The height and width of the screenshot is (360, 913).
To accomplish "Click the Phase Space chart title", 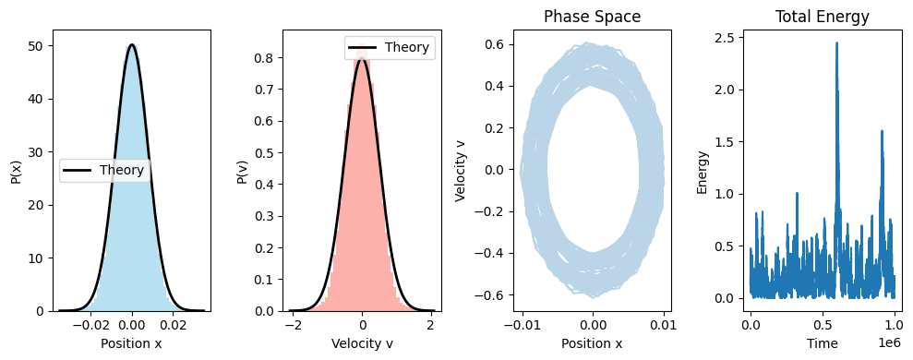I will click(x=592, y=17).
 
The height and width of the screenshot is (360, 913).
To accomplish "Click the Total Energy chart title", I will click(x=822, y=17).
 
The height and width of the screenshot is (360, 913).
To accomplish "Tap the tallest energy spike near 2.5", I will click(x=836, y=43).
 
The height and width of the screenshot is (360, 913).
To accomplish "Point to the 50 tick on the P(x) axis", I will click(x=42, y=45).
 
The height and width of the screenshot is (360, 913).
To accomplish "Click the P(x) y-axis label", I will click(x=17, y=170).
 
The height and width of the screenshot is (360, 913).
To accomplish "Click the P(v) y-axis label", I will click(x=242, y=170).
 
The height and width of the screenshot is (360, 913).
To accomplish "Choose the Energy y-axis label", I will click(x=703, y=170).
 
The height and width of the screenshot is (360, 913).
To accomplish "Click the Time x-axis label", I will click(x=822, y=343).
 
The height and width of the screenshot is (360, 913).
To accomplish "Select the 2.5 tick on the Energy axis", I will click(x=726, y=37).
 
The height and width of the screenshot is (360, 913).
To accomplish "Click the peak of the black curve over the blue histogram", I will click(x=132, y=44).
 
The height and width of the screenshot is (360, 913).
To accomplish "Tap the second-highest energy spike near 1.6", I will click(x=882, y=131).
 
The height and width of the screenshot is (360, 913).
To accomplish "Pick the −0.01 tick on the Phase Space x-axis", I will click(x=523, y=325).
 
